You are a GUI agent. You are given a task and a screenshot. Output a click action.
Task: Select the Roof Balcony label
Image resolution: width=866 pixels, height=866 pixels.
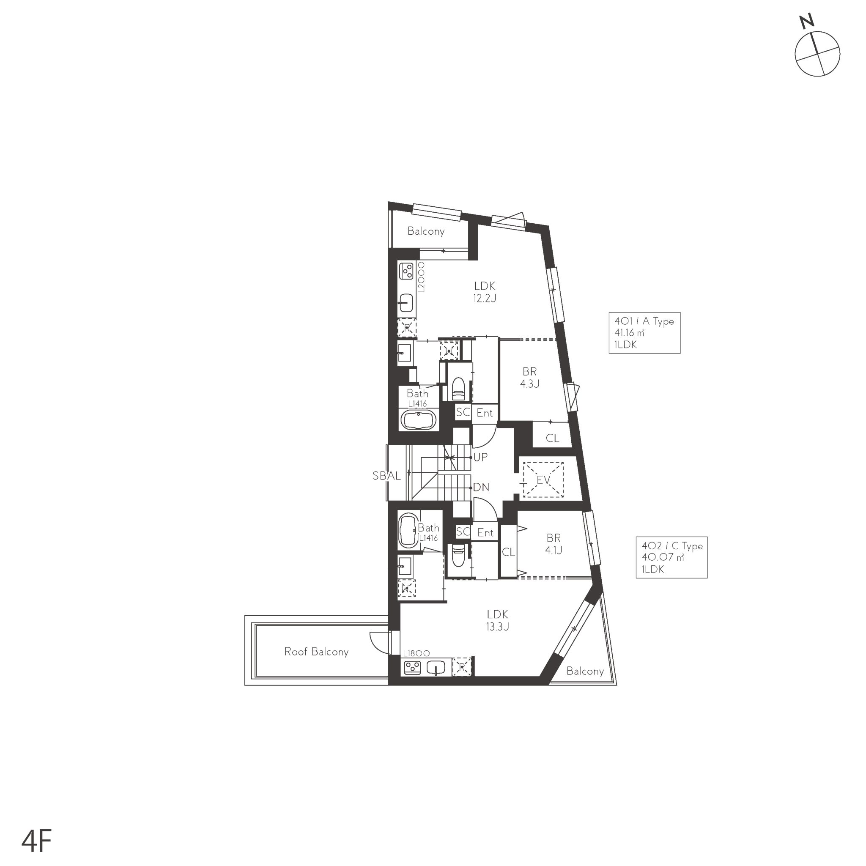click(316, 651)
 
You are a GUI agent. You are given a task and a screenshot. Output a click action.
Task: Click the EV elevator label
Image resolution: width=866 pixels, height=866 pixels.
click(543, 480)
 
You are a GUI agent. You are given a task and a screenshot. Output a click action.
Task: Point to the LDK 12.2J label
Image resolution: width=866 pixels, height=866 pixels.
click(485, 292)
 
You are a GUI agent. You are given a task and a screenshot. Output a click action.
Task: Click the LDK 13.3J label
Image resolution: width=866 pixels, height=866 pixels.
click(498, 620)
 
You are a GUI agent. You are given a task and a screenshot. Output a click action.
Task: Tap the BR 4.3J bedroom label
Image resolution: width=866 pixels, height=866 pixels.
click(529, 378)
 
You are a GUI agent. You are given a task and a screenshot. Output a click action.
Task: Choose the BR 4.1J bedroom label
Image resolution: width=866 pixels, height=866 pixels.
click(554, 544)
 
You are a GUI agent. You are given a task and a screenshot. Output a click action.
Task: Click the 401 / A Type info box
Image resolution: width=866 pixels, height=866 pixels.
click(644, 333)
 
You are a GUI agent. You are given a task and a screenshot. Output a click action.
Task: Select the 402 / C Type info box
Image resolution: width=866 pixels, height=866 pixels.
click(671, 557)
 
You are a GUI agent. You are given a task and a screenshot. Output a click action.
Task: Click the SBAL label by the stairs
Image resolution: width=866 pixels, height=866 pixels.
click(386, 476)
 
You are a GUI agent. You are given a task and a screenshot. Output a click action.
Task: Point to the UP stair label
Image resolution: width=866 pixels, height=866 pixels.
click(480, 457)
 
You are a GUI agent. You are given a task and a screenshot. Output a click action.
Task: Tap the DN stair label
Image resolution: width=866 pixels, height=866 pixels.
click(481, 487)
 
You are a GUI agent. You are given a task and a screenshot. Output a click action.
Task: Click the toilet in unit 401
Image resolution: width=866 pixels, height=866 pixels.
click(458, 388)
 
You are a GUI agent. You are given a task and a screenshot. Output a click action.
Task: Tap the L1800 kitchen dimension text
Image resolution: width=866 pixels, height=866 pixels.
click(417, 654)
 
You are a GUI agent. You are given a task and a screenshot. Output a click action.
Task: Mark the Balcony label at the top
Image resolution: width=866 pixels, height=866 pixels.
click(426, 231)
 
